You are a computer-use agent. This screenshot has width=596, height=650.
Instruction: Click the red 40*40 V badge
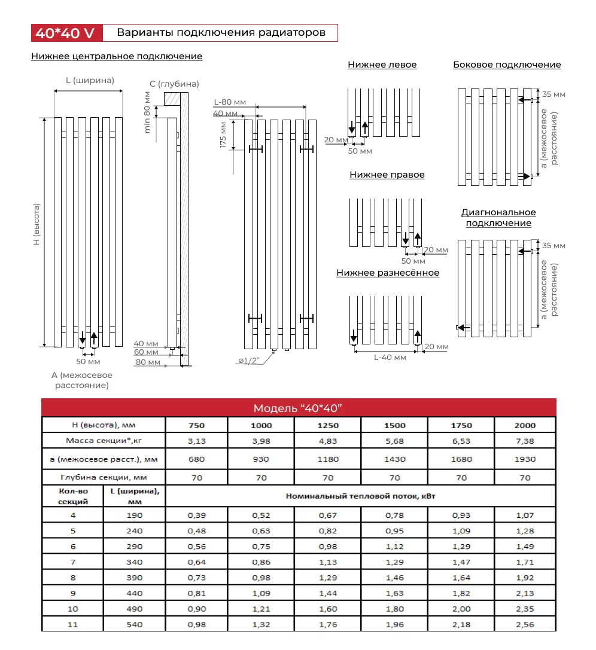click(65, 33)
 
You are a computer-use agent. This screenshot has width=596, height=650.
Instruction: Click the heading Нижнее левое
click(382, 65)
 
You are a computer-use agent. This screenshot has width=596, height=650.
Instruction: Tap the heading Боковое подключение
click(507, 65)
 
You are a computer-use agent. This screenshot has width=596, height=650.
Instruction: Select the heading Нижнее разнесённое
click(388, 273)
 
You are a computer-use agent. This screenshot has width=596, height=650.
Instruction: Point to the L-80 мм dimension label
click(230, 102)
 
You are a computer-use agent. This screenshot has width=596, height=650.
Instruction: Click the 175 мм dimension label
click(223, 135)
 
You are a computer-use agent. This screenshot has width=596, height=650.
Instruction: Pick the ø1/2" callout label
click(248, 361)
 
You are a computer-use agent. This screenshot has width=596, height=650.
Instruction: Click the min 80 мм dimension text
click(147, 112)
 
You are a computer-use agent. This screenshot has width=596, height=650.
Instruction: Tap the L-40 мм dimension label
click(390, 358)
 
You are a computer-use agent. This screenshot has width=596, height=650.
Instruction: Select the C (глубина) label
click(174, 84)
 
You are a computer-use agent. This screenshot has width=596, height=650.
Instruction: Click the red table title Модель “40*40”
click(298, 408)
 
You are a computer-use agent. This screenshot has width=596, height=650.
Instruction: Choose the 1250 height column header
click(328, 426)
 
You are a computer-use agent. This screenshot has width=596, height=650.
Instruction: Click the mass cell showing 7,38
click(525, 441)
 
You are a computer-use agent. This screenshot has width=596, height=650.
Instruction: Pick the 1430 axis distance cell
click(394, 459)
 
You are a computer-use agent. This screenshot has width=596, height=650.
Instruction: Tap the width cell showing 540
click(135, 625)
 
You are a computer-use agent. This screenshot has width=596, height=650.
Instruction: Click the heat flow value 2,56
click(525, 625)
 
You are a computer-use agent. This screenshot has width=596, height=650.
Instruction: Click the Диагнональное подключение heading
click(498, 218)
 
